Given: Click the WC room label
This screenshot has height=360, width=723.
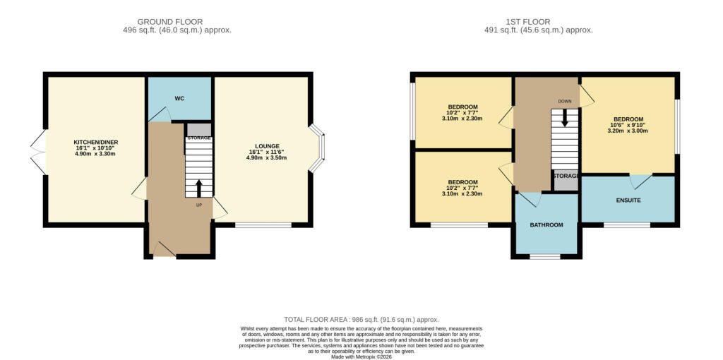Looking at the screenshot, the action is click(x=180, y=99).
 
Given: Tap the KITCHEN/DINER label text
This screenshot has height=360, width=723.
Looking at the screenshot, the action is click(x=96, y=143).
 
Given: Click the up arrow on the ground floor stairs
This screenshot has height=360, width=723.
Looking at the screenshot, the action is click(x=198, y=188).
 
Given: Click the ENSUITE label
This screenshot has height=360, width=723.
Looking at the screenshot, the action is click(x=629, y=200).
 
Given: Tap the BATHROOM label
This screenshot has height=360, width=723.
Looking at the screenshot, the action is click(x=546, y=225).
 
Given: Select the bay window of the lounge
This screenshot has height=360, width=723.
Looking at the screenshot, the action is click(x=318, y=148).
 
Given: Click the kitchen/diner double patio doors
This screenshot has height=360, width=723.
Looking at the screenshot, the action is click(x=38, y=152).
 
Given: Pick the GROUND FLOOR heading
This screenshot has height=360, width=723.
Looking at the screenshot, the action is click(x=170, y=22).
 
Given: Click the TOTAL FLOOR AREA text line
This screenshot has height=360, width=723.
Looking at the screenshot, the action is click(x=361, y=320).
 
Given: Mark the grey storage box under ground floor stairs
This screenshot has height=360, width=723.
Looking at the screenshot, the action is click(x=199, y=130).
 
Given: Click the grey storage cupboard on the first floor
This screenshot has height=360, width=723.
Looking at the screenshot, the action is click(x=566, y=180).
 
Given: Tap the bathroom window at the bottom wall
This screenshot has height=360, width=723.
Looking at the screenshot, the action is click(x=545, y=256).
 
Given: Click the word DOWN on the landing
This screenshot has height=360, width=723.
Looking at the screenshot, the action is click(x=564, y=100).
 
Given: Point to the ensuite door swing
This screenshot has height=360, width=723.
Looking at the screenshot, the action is click(x=641, y=182).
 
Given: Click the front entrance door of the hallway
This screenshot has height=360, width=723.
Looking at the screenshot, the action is click(x=164, y=249).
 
